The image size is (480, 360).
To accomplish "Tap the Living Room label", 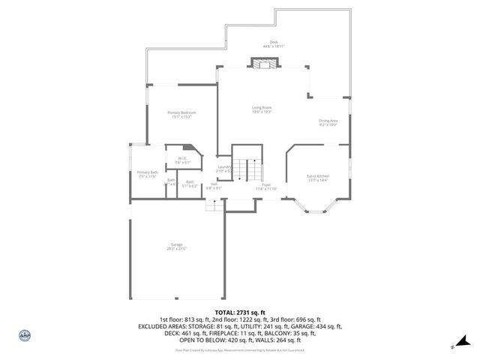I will click(x=261, y=108).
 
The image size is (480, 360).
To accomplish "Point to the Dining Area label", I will click(x=328, y=120).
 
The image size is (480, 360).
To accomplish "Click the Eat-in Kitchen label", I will click(x=318, y=176).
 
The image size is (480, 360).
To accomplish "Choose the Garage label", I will click(x=176, y=245).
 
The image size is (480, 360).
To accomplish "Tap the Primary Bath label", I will click(x=147, y=172).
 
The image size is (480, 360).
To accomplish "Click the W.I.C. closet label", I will click(x=182, y=158).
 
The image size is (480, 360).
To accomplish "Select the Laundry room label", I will click(x=223, y=166).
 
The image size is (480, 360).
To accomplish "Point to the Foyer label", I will click(x=266, y=184).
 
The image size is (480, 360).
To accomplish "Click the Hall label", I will click(x=214, y=184).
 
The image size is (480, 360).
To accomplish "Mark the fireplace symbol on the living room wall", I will click(x=262, y=65).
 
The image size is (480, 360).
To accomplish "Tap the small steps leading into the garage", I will click(x=215, y=204).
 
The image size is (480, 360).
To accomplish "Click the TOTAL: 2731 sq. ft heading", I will click(x=240, y=312).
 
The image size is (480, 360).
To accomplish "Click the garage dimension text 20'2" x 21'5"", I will click(x=176, y=249).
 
